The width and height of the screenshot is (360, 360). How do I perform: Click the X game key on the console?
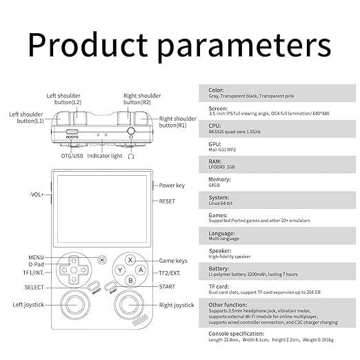130,260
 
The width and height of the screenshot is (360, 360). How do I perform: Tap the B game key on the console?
130,281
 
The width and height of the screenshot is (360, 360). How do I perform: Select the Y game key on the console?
120,270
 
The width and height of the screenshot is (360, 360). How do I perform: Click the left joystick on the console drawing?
74,305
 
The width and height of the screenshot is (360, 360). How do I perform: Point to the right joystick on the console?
129,305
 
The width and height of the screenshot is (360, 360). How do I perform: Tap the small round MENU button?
102,260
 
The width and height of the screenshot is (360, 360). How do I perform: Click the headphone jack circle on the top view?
131,131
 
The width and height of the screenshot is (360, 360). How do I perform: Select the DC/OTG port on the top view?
72,132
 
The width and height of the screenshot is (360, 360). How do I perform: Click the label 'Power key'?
172,186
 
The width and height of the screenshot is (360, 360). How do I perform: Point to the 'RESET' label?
167,201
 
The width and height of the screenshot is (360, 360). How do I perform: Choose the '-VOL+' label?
37,194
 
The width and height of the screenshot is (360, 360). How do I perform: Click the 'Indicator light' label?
105,156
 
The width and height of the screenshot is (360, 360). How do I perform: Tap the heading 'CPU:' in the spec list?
214,126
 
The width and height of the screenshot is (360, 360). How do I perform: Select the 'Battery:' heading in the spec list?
219,269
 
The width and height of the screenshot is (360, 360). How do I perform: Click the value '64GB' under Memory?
214,186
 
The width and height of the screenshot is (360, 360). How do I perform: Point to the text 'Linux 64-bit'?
221,203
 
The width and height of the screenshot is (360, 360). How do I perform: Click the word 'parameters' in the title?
245,46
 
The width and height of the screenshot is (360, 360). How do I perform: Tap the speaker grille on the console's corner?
140,320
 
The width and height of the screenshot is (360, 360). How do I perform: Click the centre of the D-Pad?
74,270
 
